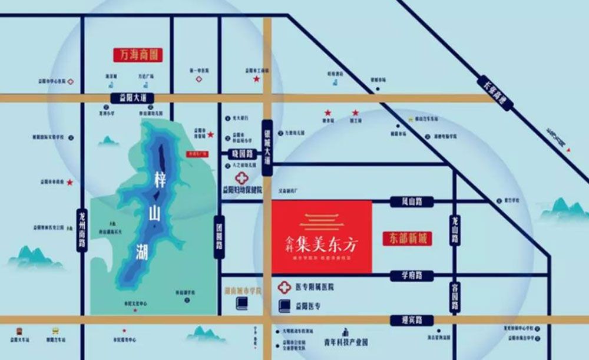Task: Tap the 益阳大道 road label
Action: [x=131, y=98]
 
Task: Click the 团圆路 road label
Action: [x=219, y=236]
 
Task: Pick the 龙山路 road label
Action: [x=455, y=230]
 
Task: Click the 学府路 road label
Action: [x=411, y=275]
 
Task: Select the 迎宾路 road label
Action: [x=411, y=320]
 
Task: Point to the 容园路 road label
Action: [x=455, y=298]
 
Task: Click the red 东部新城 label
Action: [x=407, y=238]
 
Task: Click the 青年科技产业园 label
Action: [x=345, y=341]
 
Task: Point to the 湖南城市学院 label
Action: [x=243, y=291]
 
